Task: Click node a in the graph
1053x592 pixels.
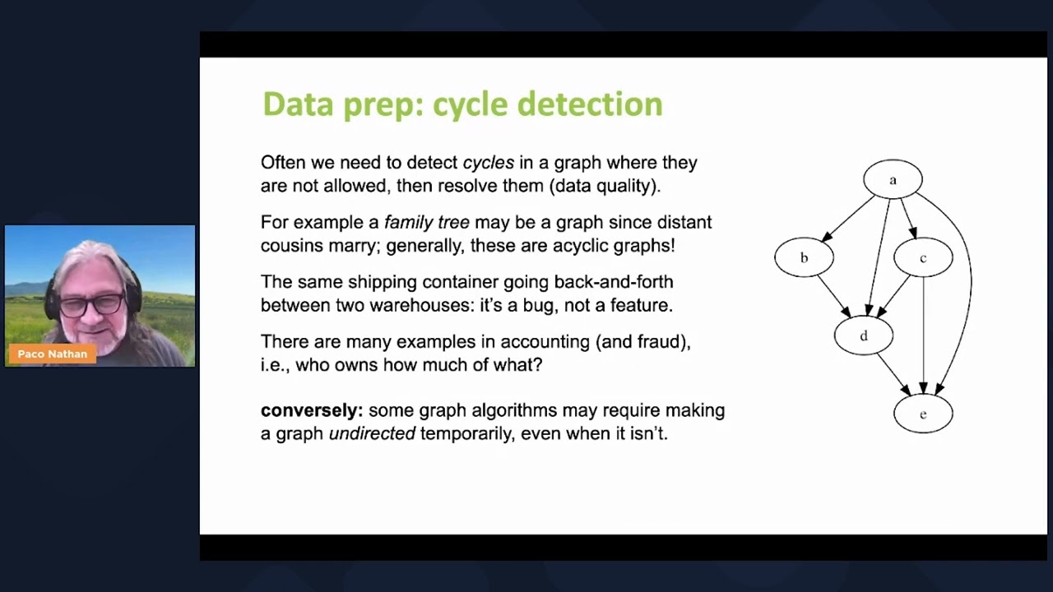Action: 893,179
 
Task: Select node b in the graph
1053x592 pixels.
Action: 804,258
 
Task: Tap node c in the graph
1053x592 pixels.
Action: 923,258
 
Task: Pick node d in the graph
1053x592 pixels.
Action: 863,336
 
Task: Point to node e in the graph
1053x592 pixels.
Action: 923,414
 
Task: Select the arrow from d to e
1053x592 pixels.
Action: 893,375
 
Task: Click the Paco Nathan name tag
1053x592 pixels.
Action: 53,354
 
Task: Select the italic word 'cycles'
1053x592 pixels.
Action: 488,163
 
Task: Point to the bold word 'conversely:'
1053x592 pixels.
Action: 311,410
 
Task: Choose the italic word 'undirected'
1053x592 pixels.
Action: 372,433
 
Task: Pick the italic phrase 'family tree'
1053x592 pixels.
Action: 426,222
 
